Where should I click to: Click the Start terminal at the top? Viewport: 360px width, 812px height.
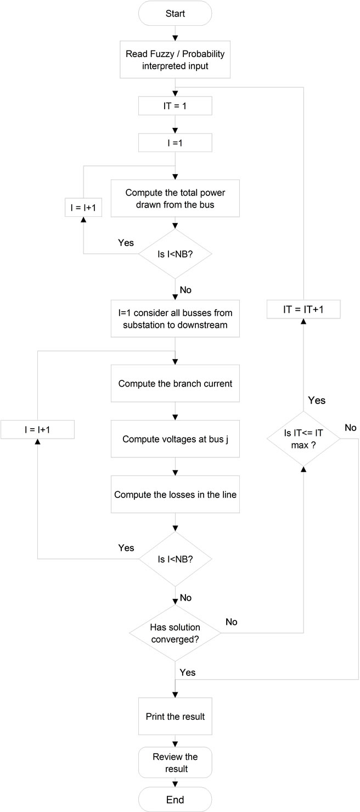click(175, 13)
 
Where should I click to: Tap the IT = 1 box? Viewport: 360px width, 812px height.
click(175, 106)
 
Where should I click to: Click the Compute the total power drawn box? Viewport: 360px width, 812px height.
click(175, 198)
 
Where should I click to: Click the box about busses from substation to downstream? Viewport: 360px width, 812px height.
click(175, 318)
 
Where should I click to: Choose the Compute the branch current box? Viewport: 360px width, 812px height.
click(175, 383)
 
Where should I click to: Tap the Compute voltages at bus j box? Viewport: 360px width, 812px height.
click(175, 439)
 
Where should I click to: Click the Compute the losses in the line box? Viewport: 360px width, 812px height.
click(175, 494)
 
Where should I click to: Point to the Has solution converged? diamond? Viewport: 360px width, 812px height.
click(175, 633)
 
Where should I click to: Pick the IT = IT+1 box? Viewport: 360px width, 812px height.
click(303, 310)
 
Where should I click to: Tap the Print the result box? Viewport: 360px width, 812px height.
click(175, 716)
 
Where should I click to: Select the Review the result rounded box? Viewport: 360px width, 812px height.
click(175, 763)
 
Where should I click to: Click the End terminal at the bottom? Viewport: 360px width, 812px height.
click(175, 799)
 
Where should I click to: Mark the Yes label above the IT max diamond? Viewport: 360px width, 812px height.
click(317, 400)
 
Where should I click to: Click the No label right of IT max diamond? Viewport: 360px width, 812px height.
click(350, 427)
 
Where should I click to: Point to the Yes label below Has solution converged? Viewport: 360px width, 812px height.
click(187, 672)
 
